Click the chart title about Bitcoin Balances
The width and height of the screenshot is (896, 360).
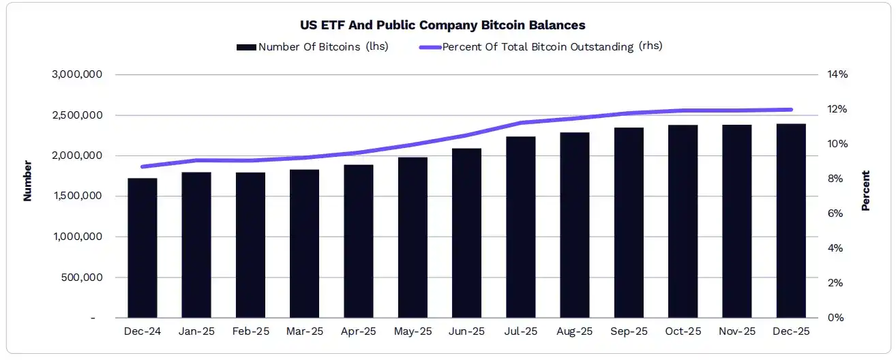(x=443, y=25)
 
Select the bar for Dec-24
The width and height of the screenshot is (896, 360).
(x=143, y=248)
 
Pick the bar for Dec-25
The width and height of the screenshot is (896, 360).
(x=791, y=221)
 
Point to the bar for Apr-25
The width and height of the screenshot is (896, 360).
(x=359, y=241)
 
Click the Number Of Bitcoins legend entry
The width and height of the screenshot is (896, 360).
(x=312, y=47)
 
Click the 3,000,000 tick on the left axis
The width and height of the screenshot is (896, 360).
(x=77, y=74)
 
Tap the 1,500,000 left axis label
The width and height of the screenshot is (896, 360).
(x=77, y=196)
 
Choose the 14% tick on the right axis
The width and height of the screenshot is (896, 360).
(x=838, y=74)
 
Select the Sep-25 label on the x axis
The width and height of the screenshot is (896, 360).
(x=629, y=331)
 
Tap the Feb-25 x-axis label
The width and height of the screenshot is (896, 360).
(x=251, y=331)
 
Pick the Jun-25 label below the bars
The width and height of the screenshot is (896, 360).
(x=467, y=331)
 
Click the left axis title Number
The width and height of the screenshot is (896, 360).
(x=28, y=181)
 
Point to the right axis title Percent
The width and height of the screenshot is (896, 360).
(x=866, y=191)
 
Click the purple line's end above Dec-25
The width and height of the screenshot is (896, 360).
(x=790, y=109)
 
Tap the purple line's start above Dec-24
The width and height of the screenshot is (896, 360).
(x=143, y=166)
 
